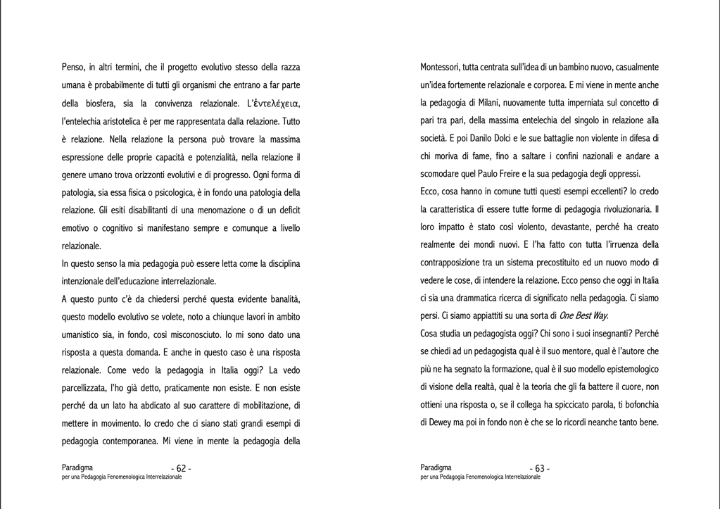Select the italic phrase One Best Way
tap(584, 315)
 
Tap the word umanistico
tap(87, 334)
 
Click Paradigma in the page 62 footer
tap(77, 467)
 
